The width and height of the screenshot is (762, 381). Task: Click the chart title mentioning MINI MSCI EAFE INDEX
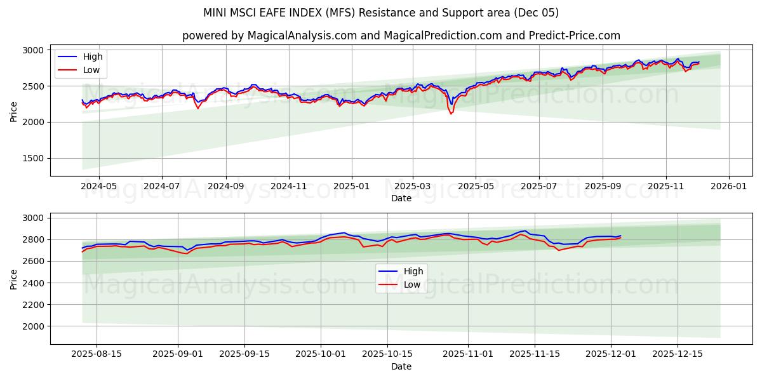point(381,13)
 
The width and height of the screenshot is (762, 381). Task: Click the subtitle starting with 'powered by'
point(401,36)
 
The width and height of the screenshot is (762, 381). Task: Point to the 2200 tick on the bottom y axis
point(32,305)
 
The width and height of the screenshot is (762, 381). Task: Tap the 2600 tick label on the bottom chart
point(32,261)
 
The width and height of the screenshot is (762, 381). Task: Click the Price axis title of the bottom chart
point(14,278)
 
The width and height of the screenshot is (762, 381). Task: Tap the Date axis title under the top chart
point(401,199)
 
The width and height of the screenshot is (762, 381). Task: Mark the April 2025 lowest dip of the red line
point(451,114)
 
